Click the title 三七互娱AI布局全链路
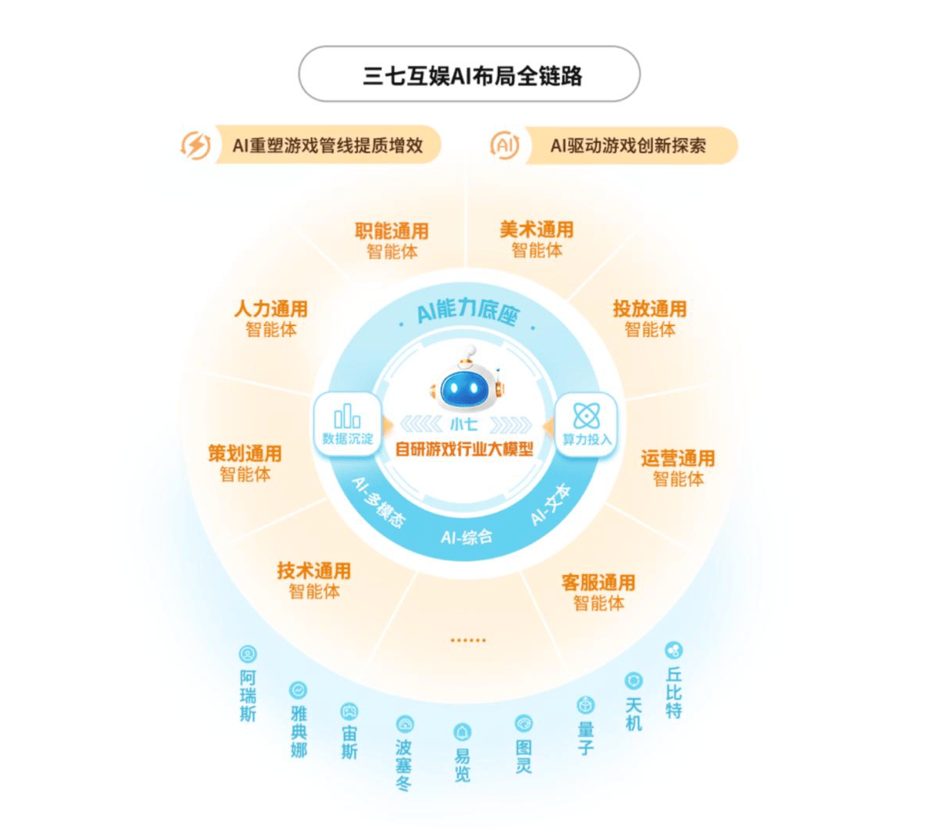(x=470, y=75)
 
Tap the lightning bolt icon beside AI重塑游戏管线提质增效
(x=196, y=145)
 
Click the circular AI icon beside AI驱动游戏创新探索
(x=504, y=145)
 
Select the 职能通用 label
(x=391, y=232)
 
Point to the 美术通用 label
(x=536, y=230)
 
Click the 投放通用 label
(x=650, y=309)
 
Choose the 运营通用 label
(x=677, y=458)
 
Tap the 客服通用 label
(x=598, y=583)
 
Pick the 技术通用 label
(x=313, y=571)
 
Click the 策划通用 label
(x=244, y=454)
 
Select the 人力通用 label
(x=270, y=309)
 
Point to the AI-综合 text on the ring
(x=467, y=537)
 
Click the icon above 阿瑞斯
(x=248, y=654)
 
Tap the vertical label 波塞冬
(x=404, y=764)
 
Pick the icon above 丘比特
(x=673, y=651)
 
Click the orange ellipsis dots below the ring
(x=468, y=640)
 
